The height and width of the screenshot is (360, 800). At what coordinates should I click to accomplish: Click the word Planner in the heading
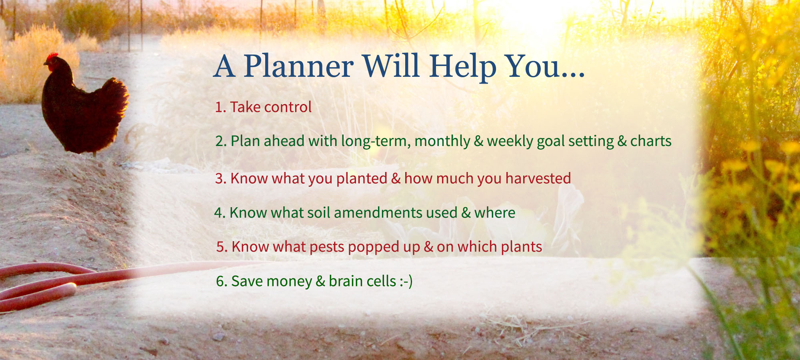pos(299,66)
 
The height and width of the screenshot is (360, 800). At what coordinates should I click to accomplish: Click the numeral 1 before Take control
pos(218,107)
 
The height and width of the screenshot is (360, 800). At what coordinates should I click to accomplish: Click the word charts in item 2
pos(651,141)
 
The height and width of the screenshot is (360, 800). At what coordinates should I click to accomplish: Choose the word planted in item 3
pos(362,179)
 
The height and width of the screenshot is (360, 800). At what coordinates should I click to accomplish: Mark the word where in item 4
pos(495,213)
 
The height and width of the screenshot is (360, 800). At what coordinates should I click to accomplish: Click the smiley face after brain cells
pos(406,282)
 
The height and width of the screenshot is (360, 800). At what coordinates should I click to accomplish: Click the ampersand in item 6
pos(320,282)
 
